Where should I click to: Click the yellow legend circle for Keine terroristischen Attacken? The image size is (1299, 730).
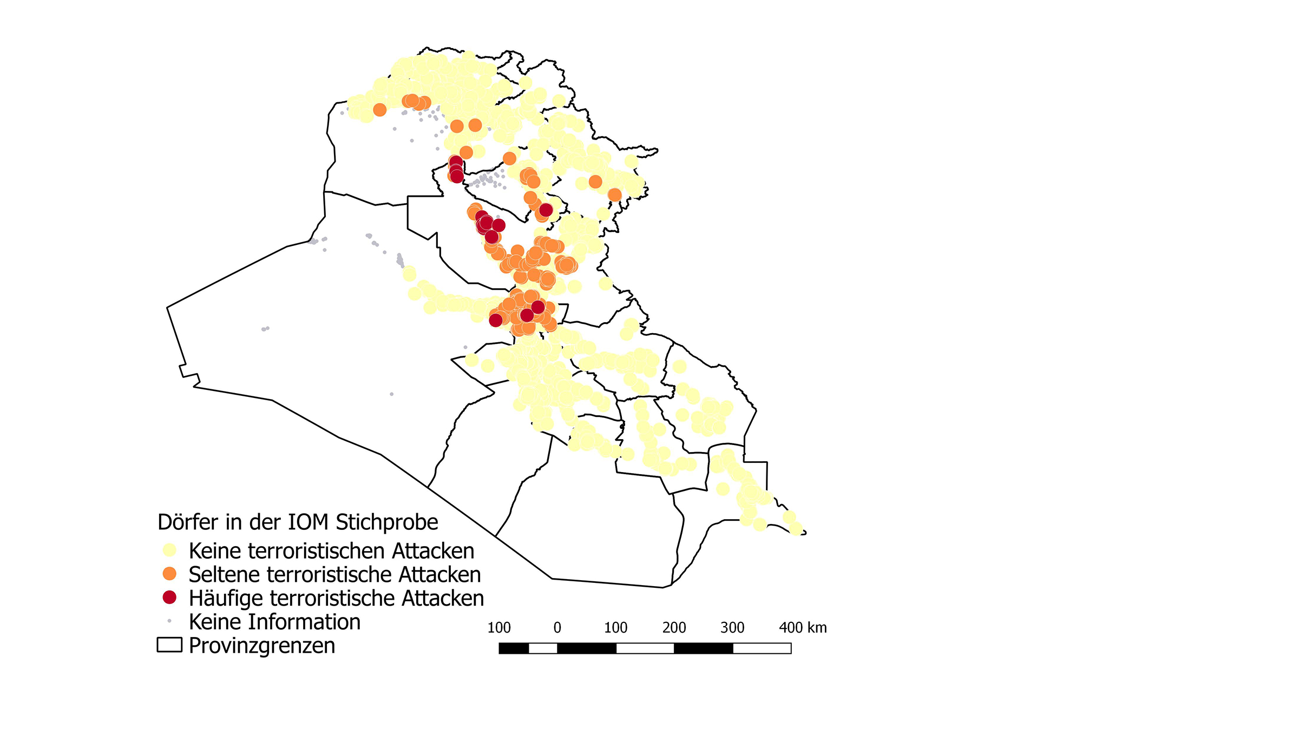click(169, 550)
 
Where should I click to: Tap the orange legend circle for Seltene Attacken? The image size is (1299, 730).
click(169, 574)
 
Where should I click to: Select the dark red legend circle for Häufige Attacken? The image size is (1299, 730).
click(169, 597)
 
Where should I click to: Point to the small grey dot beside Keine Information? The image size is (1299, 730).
click(169, 621)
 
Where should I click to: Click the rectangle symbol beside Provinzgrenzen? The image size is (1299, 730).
click(169, 645)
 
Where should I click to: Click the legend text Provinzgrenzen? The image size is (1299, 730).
click(262, 646)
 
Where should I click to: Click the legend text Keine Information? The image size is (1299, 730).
click(274, 622)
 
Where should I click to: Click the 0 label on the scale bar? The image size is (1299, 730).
click(557, 628)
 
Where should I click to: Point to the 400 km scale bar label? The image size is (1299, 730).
click(802, 628)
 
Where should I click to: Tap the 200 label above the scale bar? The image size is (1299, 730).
click(674, 628)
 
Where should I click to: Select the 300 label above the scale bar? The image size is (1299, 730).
click(732, 628)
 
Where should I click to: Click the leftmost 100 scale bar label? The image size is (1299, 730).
click(498, 628)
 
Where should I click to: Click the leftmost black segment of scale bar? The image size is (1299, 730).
click(514, 648)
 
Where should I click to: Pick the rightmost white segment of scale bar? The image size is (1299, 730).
click(762, 648)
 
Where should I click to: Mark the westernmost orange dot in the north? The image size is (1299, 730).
click(380, 110)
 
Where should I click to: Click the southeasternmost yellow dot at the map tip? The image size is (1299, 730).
click(796, 528)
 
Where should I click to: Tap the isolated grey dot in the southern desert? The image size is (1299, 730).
click(392, 394)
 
